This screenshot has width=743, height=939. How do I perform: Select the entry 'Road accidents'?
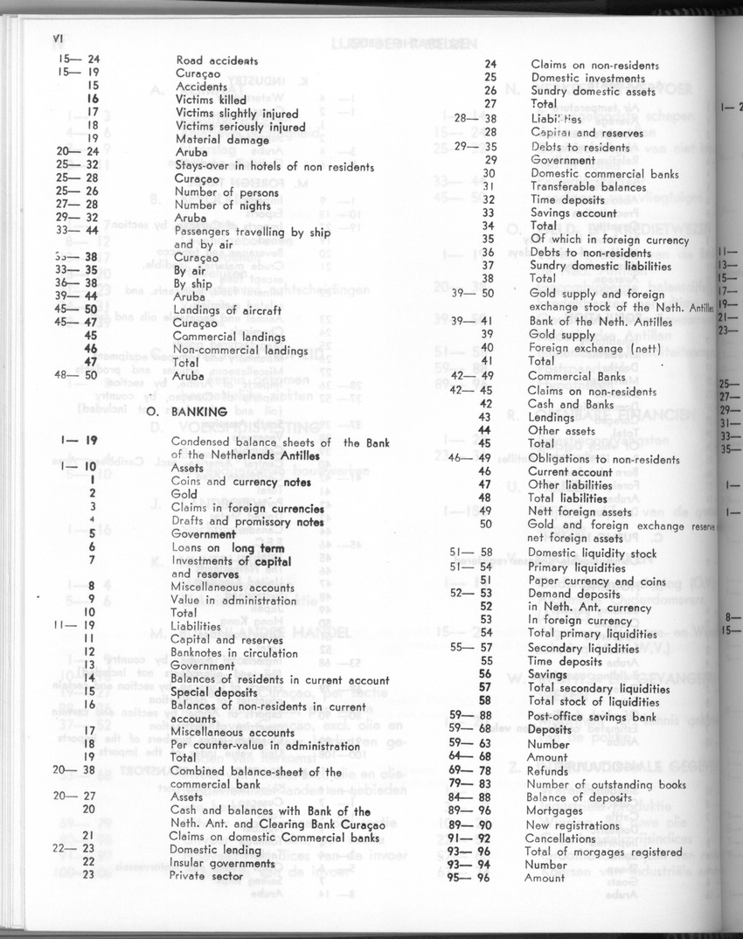tap(217, 60)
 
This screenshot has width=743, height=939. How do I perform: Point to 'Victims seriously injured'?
tap(240, 126)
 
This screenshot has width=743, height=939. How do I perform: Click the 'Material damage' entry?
tap(222, 139)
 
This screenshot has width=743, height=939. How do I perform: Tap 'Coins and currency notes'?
tap(242, 482)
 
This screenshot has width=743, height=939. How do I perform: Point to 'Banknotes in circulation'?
tap(234, 653)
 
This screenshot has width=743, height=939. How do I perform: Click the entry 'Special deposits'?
tap(214, 692)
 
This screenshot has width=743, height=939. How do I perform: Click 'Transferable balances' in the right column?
tap(588, 186)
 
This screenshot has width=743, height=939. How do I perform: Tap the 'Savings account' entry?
tap(573, 212)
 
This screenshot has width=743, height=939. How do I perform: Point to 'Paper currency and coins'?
tap(594, 581)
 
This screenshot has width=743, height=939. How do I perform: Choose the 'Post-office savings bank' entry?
tap(592, 717)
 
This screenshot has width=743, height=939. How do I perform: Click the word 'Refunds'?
tap(548, 771)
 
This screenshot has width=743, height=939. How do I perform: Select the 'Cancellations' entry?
tap(560, 838)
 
